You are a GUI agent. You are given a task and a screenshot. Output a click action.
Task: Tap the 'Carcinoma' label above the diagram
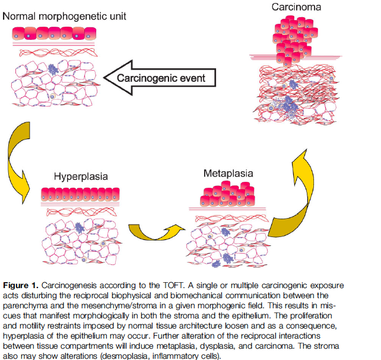click(x=297, y=7)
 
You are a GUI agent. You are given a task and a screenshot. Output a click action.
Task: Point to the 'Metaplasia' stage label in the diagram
click(x=228, y=173)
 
